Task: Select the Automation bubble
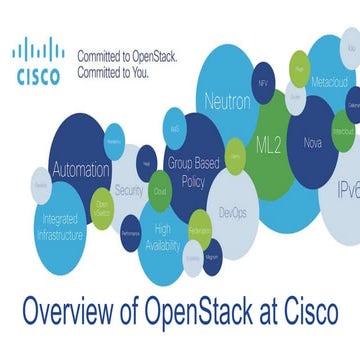(x=79, y=170)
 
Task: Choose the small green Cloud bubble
(x=159, y=189)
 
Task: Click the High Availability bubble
(x=162, y=238)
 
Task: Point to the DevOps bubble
(x=233, y=212)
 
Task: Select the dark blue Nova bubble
(x=313, y=143)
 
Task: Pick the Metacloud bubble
(x=329, y=79)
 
